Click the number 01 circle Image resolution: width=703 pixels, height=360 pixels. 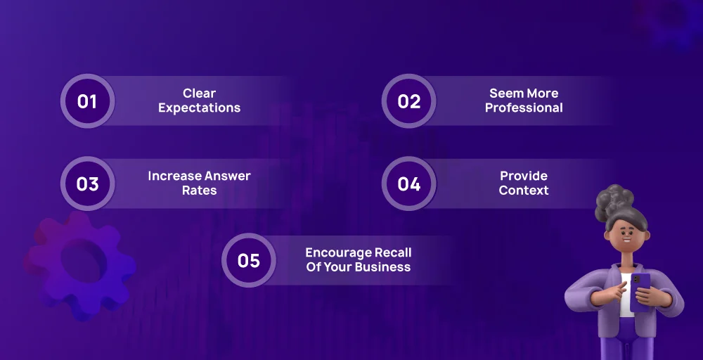click(87, 101)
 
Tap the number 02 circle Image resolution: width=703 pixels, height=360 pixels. click(409, 101)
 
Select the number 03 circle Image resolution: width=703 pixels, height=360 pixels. click(87, 184)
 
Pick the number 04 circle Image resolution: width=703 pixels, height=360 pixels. click(409, 184)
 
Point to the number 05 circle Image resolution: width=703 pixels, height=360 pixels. click(249, 260)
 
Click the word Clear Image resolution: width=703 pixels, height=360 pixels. click(199, 94)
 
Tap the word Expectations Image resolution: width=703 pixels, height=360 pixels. click(199, 108)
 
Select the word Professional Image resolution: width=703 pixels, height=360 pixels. click(524, 108)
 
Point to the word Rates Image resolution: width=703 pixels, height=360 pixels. click(199, 190)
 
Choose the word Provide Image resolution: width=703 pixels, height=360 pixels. click(524, 176)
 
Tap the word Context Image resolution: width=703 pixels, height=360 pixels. click(524, 190)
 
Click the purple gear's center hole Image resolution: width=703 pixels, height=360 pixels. click(84, 260)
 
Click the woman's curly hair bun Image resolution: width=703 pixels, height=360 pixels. click(614, 201)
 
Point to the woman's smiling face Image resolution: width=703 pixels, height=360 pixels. click(626, 236)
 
